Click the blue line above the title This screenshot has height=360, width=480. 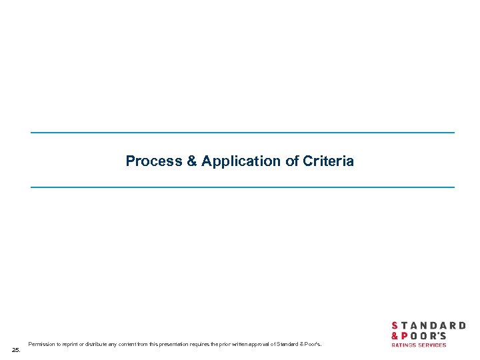242,133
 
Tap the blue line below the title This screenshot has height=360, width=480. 242,187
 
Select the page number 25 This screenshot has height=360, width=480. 16,349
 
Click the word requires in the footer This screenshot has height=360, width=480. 205,344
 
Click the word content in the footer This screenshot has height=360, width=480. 137,344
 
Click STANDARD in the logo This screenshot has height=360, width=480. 428,326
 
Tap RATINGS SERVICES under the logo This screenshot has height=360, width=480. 419,345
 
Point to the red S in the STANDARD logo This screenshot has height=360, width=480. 395,326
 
